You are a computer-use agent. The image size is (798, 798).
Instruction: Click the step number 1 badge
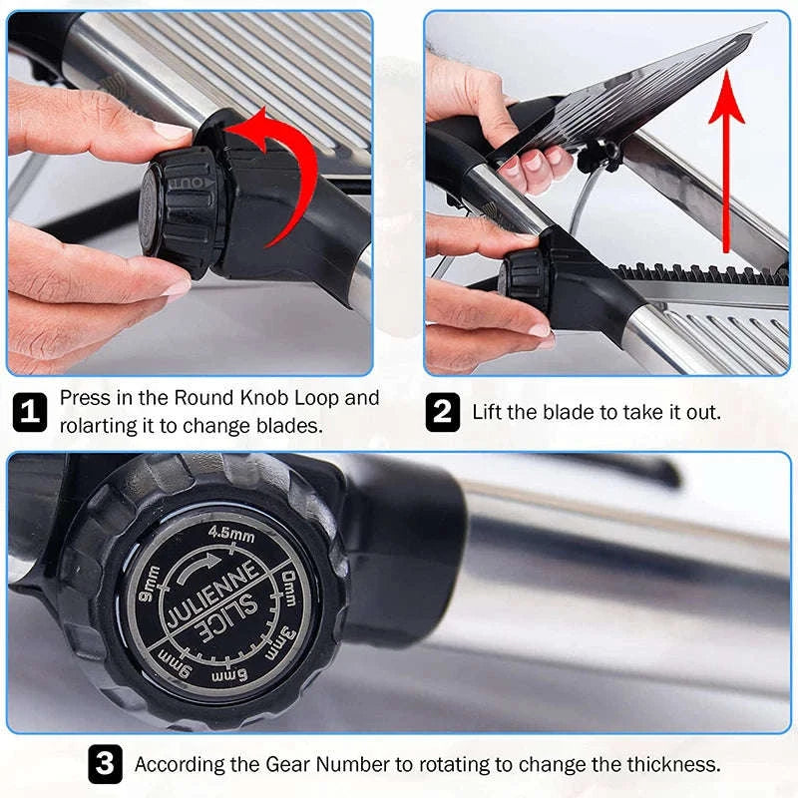(29, 412)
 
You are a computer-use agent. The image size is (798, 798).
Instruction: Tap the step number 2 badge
(443, 412)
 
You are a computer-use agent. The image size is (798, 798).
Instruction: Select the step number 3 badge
(105, 765)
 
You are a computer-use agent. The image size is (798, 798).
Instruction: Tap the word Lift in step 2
(491, 412)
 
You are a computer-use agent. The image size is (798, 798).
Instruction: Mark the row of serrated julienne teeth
(698, 272)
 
